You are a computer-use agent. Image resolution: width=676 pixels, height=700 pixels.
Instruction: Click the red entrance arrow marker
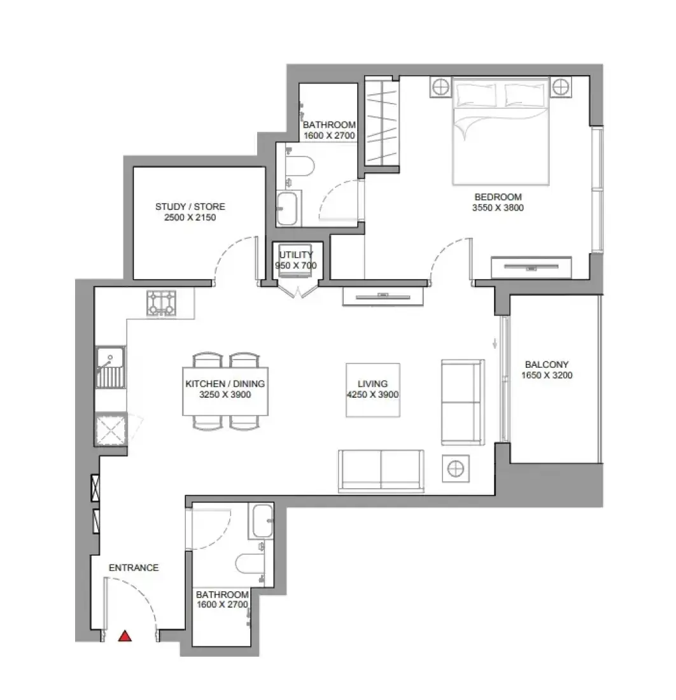pyautogui.click(x=125, y=636)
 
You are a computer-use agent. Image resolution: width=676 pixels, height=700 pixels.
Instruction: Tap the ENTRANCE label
pyautogui.click(x=134, y=568)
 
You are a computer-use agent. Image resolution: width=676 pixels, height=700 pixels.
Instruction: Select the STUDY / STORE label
pyautogui.click(x=190, y=207)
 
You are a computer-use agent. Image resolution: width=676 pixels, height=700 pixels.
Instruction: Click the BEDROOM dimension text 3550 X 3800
pyautogui.click(x=498, y=207)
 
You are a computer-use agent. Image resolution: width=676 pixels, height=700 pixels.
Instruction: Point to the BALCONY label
pyautogui.click(x=547, y=364)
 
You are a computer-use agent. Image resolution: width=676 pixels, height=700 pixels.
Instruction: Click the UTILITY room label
pyautogui.click(x=296, y=255)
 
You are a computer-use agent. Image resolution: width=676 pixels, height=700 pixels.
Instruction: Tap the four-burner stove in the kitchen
pyautogui.click(x=161, y=303)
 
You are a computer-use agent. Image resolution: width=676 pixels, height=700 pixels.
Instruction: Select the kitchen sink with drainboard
pyautogui.click(x=111, y=367)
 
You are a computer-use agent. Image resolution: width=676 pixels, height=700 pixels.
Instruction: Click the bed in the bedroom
pyautogui.click(x=500, y=131)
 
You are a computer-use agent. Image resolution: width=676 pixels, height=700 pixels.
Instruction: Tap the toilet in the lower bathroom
pyautogui.click(x=250, y=563)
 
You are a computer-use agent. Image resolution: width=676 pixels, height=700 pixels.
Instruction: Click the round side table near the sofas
pyautogui.click(x=455, y=469)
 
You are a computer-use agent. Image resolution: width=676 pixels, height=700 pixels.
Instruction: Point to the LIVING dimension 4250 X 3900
pyautogui.click(x=372, y=395)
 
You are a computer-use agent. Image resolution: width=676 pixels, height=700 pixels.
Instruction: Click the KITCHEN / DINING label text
pyautogui.click(x=225, y=384)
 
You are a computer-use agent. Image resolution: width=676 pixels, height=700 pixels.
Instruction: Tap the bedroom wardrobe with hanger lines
pyautogui.click(x=381, y=123)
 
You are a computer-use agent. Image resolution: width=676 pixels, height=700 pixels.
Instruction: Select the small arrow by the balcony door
pyautogui.click(x=495, y=343)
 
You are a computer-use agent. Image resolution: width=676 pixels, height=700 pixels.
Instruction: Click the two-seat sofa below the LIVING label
pyautogui.click(x=381, y=470)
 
